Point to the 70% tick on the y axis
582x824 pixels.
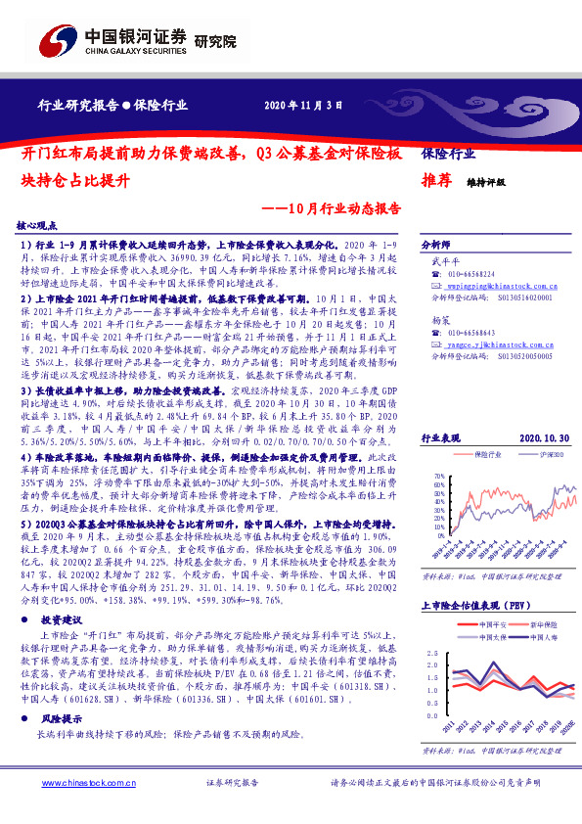pos(438,475)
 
